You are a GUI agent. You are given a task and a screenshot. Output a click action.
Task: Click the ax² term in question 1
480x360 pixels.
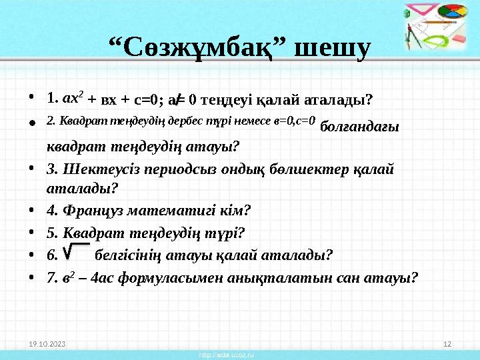click(73, 100)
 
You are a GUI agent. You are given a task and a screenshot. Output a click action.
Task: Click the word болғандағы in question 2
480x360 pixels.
click(360, 127)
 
